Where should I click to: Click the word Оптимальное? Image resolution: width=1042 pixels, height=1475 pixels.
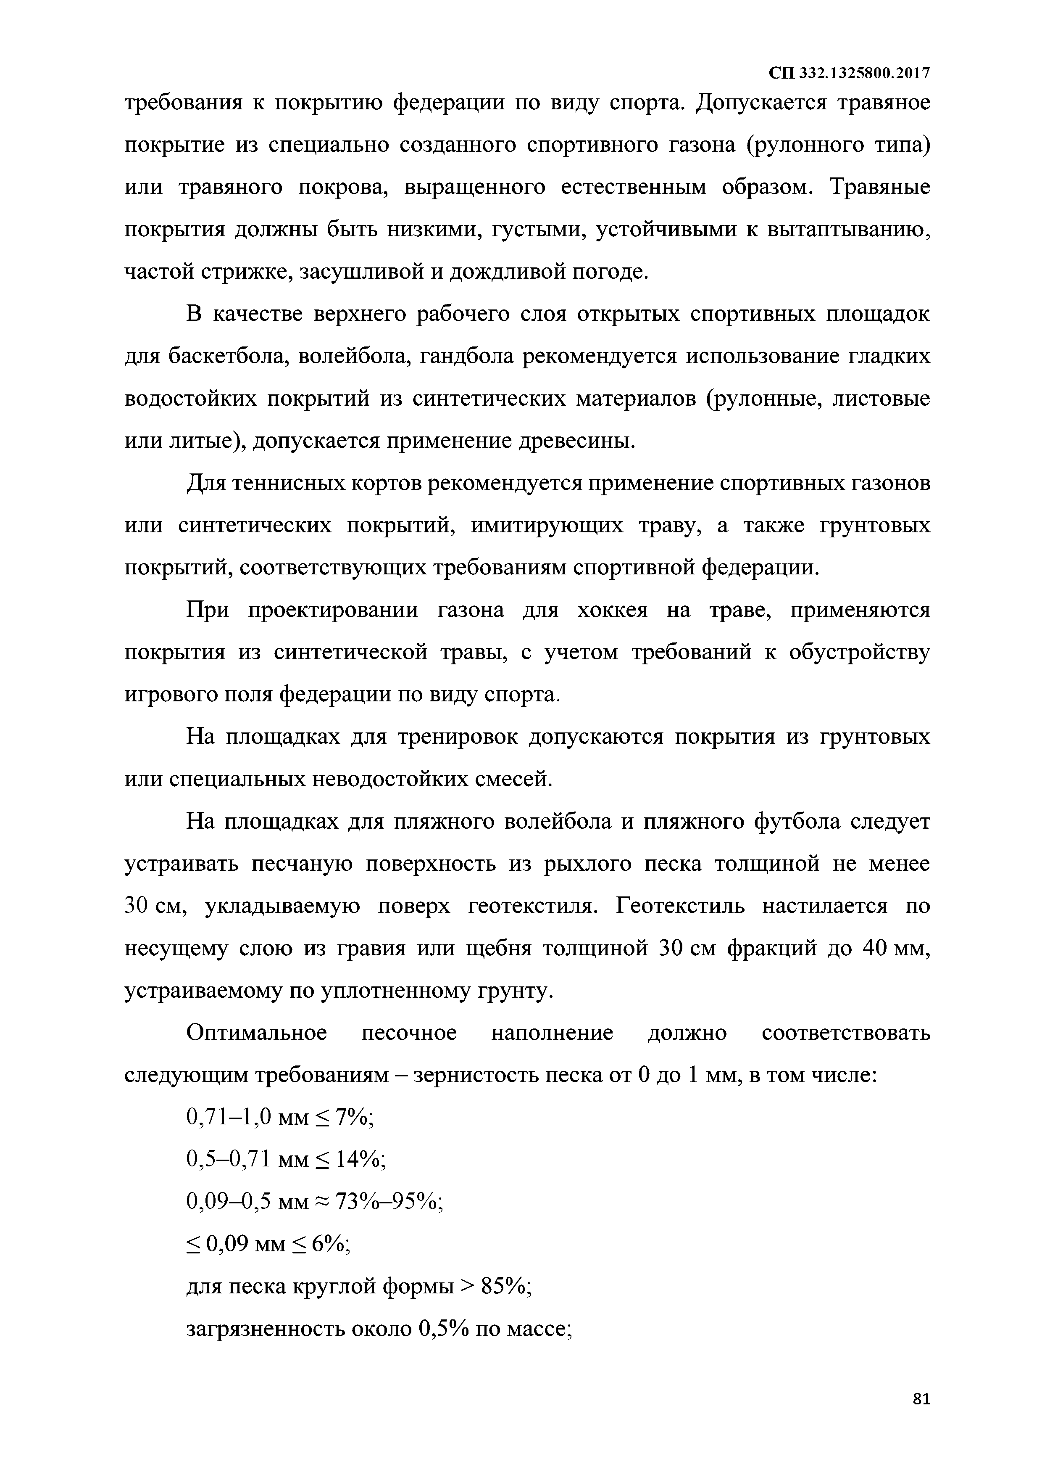tap(257, 1034)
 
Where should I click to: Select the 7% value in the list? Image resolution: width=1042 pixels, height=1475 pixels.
tap(353, 1118)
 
